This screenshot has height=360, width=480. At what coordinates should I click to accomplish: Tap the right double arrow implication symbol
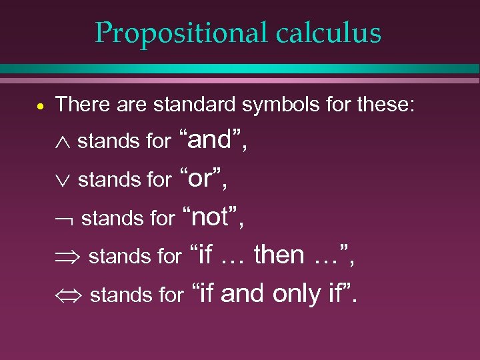(x=70, y=257)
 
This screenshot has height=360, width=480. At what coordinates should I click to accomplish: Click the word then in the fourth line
(x=279, y=254)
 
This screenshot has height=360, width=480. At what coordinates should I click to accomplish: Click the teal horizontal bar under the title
(x=240, y=69)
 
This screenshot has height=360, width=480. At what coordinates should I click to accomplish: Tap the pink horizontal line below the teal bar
(x=240, y=80)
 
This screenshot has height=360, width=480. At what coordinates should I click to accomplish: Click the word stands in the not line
(x=104, y=218)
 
